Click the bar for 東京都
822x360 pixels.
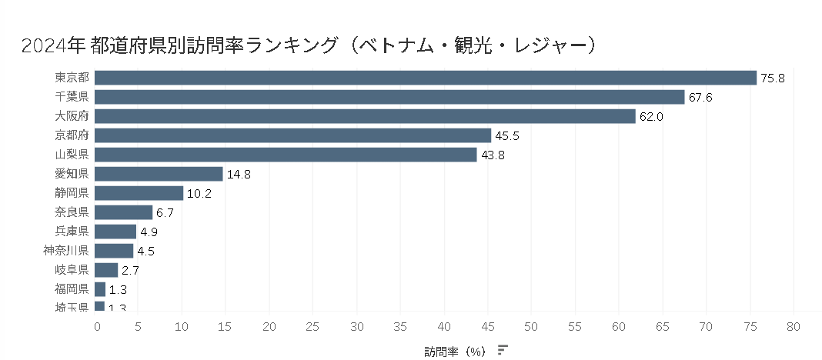(426, 78)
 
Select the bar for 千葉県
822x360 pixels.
(389, 97)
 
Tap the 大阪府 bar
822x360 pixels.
(365, 116)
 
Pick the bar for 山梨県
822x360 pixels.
(286, 155)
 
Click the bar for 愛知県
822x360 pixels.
(159, 174)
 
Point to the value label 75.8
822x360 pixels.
(772, 78)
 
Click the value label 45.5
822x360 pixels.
(506, 136)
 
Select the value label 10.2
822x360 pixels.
(199, 194)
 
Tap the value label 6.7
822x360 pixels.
(165, 213)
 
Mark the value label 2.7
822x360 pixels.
(130, 271)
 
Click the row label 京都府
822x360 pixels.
(72, 135)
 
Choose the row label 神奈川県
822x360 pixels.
(67, 251)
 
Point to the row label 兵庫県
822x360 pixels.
(72, 232)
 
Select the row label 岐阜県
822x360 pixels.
(72, 270)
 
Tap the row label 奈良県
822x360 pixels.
(72, 212)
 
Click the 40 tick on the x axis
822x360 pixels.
(445, 326)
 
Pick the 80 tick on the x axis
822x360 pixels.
(793, 326)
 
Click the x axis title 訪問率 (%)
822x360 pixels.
(455, 351)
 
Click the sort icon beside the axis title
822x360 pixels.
(503, 350)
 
